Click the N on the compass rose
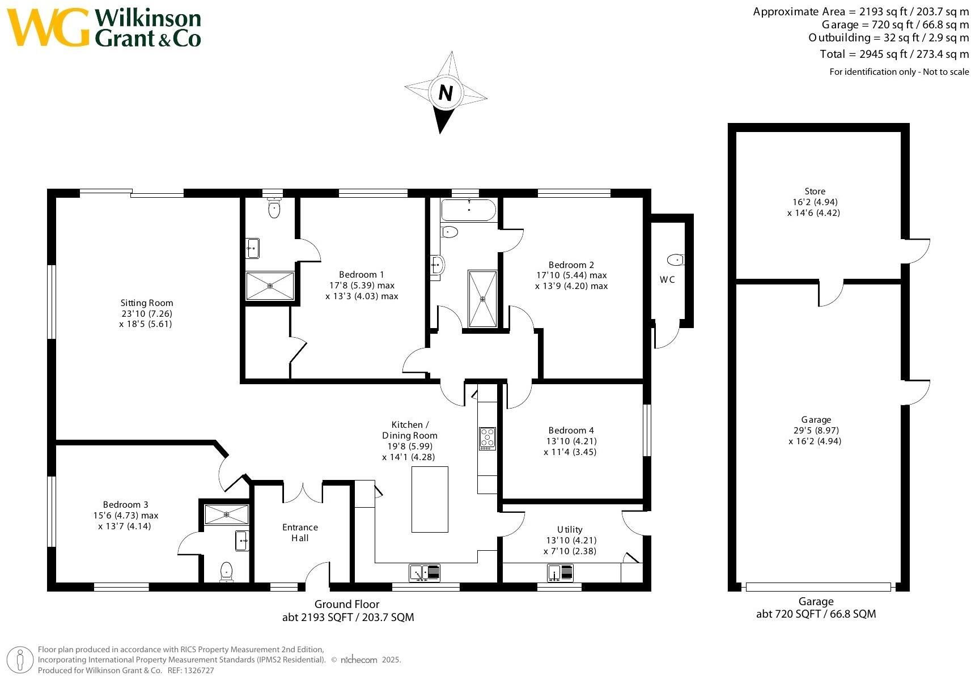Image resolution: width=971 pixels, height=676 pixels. [x=446, y=93]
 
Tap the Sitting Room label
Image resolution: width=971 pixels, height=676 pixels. [x=146, y=303]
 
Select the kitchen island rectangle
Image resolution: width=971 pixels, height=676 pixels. [x=430, y=499]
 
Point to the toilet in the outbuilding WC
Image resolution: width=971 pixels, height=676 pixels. [x=675, y=260]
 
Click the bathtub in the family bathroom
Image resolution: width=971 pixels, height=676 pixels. [x=468, y=210]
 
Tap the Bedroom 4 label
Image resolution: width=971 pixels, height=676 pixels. [x=571, y=431]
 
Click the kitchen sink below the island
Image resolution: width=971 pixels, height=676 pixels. [x=425, y=573]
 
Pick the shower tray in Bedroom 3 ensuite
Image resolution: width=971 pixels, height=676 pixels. [x=226, y=515]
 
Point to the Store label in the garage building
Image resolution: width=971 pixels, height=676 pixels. [x=815, y=192]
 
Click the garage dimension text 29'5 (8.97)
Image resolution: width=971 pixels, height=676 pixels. [x=816, y=430]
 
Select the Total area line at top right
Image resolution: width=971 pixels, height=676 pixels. [x=894, y=54]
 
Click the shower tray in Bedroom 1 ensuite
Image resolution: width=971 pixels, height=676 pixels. [x=270, y=286]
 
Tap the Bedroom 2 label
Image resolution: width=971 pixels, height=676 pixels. [x=571, y=265]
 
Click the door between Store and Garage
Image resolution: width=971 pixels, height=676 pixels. [x=830, y=292]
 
